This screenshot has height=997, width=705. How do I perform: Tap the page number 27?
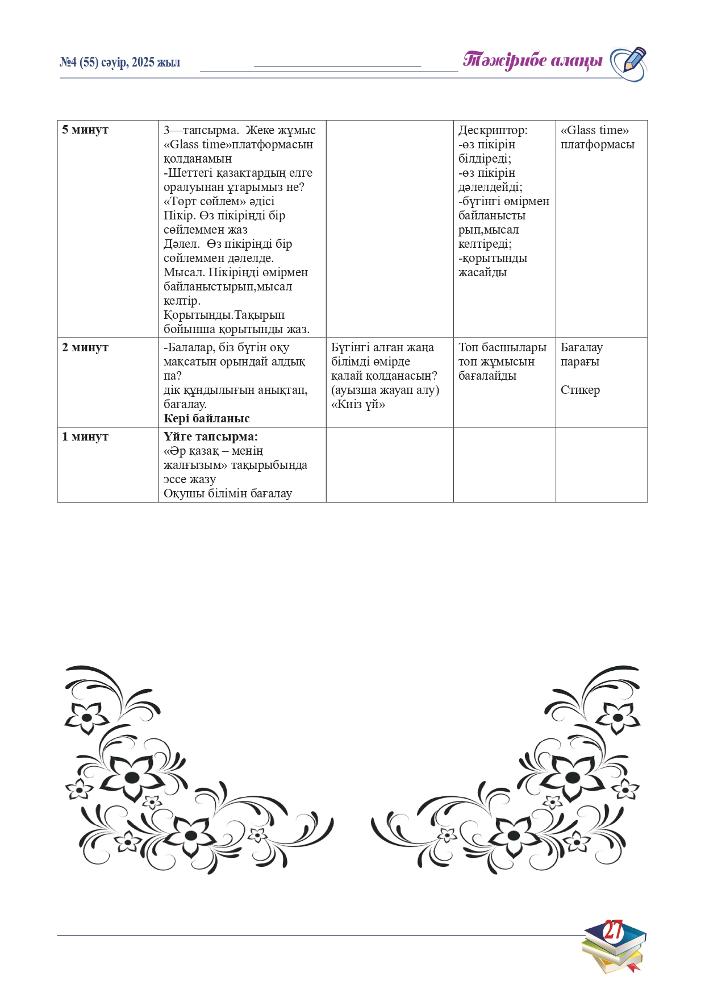coord(612,930)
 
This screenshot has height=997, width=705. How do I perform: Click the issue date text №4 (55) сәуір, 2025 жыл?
coord(120,63)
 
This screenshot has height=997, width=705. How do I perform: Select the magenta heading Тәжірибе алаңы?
coord(532,60)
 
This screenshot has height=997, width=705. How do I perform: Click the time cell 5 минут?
coord(85,130)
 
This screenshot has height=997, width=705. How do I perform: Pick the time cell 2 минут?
coord(85,347)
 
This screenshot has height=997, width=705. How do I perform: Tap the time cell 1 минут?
coord(85,437)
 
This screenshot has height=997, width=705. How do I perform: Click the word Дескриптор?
coord(493,130)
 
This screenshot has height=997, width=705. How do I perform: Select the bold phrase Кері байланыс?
coord(207,418)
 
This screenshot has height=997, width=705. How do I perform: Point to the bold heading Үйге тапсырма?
coord(211,437)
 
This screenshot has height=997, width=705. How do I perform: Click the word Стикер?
coord(580,390)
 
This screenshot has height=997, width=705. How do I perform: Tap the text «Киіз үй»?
coord(358,404)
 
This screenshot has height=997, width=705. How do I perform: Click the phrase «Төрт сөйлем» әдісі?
coord(219,201)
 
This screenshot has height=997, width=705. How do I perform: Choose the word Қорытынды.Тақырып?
coord(224,315)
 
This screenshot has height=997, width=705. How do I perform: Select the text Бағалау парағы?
coord(581,354)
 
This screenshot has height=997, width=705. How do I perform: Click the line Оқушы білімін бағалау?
coord(228,493)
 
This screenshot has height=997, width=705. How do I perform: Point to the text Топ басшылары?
coord(502,347)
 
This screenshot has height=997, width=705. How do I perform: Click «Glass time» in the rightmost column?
coord(594,130)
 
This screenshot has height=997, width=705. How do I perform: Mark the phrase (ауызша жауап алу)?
coord(385,390)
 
